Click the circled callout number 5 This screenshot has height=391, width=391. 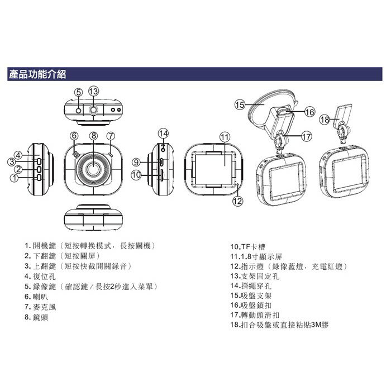point(79,93)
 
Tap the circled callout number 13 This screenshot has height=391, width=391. point(93,91)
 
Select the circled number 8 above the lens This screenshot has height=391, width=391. point(93,136)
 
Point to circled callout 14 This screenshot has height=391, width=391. point(163,133)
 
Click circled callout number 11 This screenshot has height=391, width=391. point(225,137)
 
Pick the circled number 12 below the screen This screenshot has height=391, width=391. point(237,201)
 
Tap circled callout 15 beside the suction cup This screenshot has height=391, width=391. point(240,105)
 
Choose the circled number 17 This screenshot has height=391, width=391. point(307,136)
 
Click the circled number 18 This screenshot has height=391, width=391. point(325,120)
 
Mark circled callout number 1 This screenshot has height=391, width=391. point(14,178)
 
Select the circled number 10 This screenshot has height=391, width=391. point(136,175)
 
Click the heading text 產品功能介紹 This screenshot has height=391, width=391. point(37,74)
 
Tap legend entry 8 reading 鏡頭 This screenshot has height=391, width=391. point(36,317)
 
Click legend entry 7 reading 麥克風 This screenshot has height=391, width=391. point(40,307)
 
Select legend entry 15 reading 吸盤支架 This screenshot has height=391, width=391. point(251,295)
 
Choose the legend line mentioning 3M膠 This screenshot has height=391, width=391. point(279,325)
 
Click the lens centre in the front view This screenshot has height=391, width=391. point(93,169)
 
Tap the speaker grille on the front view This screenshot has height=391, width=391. point(76,155)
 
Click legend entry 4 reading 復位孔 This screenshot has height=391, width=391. point(40,276)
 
